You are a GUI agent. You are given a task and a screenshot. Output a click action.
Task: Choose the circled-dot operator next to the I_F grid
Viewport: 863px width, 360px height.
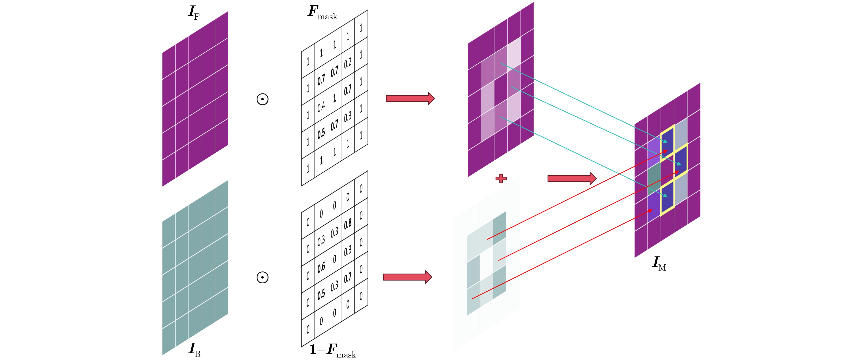point(262,99)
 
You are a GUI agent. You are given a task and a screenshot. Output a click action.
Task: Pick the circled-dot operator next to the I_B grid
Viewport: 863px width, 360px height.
point(262,277)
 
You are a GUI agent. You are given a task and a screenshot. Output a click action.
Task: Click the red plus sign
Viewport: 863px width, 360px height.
point(501,178)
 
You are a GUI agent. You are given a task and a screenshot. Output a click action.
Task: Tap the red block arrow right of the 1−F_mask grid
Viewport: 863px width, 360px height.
point(407,277)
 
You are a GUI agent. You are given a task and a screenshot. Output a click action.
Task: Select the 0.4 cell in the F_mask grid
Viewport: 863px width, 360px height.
point(321,107)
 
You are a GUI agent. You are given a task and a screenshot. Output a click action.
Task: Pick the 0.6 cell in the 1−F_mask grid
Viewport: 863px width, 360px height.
point(321,268)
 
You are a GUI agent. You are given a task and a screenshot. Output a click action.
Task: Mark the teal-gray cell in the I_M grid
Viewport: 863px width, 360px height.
point(654,178)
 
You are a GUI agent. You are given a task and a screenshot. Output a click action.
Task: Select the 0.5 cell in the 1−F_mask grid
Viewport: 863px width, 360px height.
point(321,294)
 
